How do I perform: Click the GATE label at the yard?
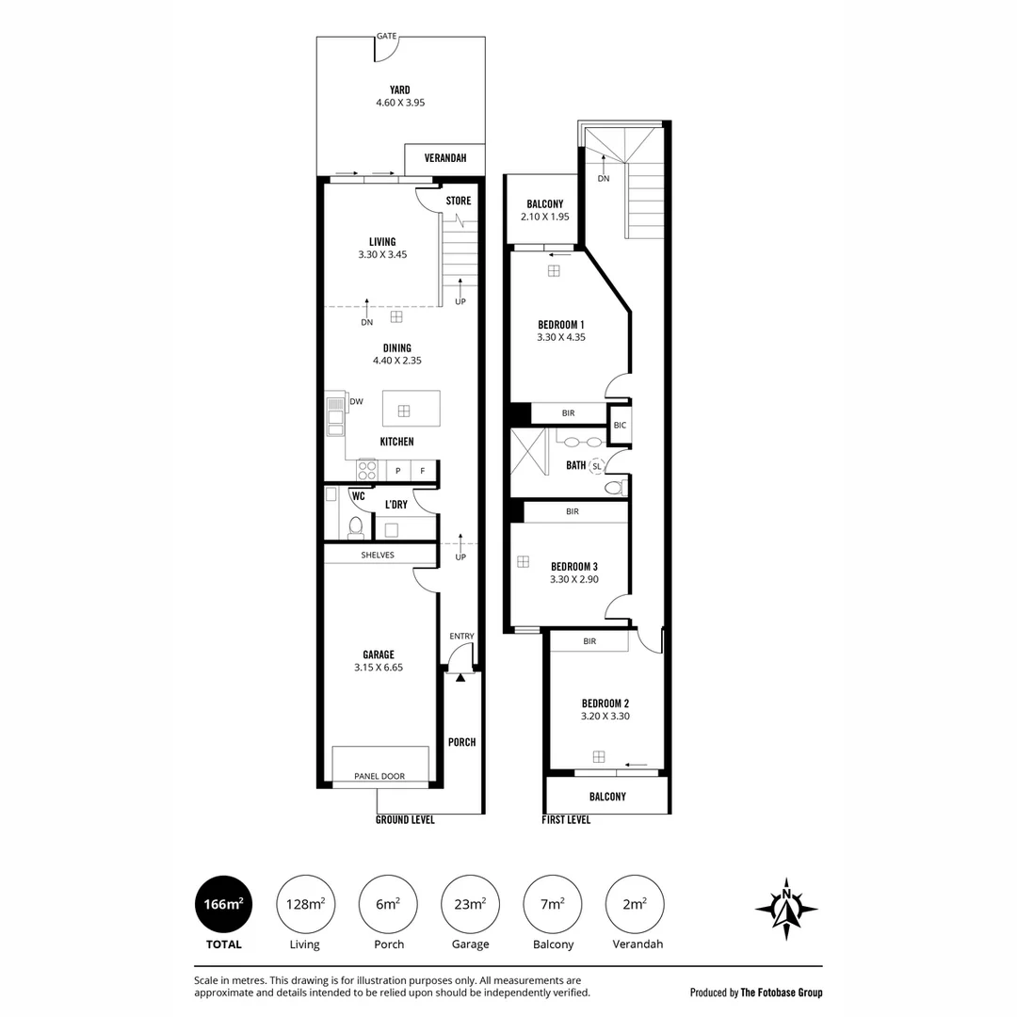tap(387, 37)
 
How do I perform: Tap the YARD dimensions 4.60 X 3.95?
tap(400, 103)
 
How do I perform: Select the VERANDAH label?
tap(445, 157)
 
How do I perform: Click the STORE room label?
tap(459, 201)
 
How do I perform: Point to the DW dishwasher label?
tap(357, 401)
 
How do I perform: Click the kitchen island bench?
tap(412, 409)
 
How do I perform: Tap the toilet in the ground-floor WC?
tap(355, 526)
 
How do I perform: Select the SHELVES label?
tap(378, 556)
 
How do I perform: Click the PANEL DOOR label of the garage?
tap(379, 776)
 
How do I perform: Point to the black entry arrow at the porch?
tap(460, 678)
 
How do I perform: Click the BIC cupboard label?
tap(620, 426)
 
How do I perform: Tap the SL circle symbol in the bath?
tap(597, 466)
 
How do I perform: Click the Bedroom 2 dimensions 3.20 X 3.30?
tap(605, 716)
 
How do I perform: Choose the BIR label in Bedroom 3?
tap(573, 511)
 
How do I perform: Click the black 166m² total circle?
tap(224, 904)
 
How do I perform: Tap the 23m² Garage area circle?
tap(470, 904)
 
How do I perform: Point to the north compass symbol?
tap(786, 910)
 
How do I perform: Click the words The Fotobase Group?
tap(782, 993)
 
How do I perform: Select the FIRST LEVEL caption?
tap(566, 820)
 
